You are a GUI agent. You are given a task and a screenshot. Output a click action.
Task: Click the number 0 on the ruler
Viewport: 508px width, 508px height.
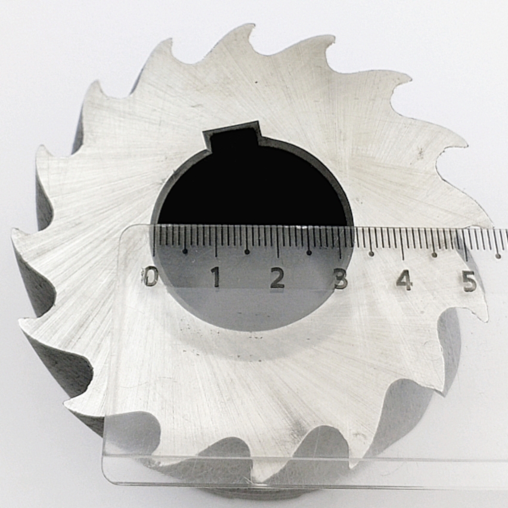(150, 278)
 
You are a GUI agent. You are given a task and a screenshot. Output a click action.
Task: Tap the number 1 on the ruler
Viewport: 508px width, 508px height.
(216, 277)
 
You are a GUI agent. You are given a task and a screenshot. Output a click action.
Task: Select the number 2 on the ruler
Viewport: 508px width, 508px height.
(277, 278)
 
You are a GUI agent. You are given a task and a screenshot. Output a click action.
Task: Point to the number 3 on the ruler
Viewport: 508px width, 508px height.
(341, 279)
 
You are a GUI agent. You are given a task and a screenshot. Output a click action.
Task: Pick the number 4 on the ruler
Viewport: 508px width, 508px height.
(404, 280)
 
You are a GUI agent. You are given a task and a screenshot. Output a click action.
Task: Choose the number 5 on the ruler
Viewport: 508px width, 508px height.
(469, 281)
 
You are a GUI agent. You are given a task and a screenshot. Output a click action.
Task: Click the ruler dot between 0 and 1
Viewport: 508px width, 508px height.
(185, 251)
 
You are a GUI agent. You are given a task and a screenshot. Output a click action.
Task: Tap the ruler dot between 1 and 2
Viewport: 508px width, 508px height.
(247, 252)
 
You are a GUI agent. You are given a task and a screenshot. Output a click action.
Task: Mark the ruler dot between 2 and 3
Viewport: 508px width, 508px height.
(309, 252)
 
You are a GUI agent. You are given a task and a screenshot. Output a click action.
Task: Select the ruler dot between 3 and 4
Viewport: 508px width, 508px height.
(371, 253)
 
